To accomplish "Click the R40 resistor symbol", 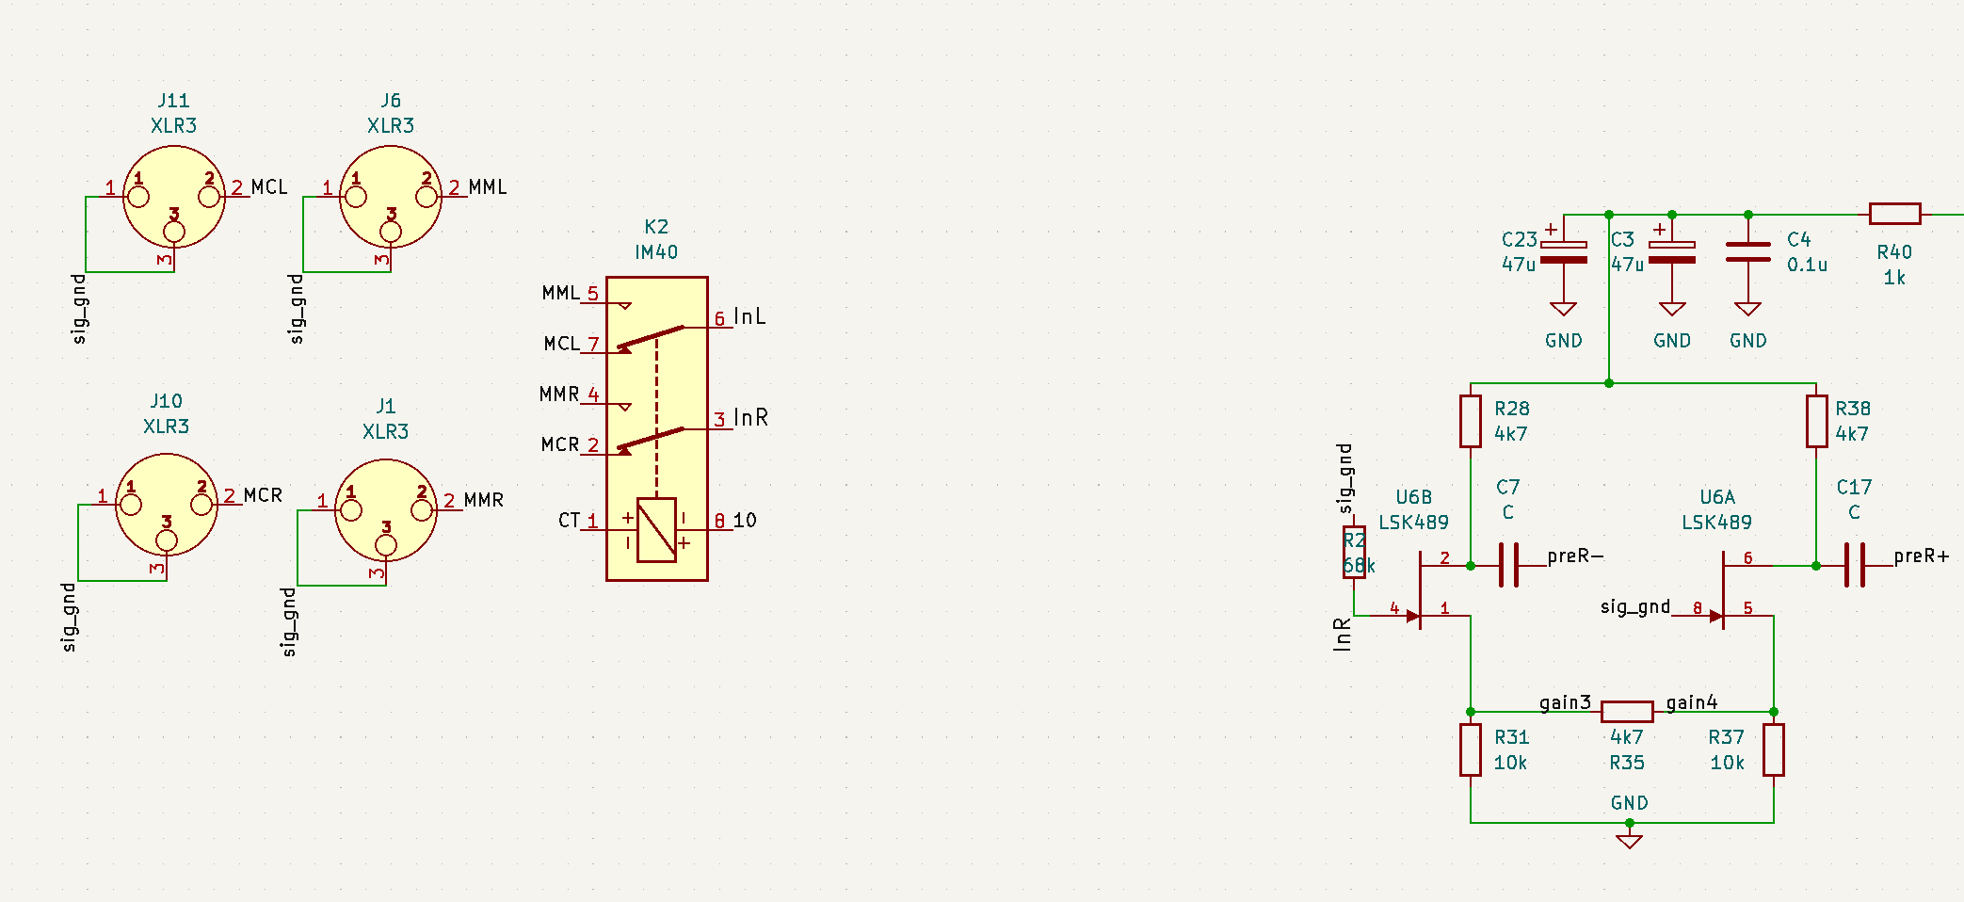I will (1894, 214).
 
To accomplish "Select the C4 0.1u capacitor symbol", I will (1747, 251).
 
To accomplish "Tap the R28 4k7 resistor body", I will (1470, 421).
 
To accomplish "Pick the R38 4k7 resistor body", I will (1816, 421).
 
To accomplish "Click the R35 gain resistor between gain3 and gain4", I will (1627, 712).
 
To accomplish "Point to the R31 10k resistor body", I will (1470, 749).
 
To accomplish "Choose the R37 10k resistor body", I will (1774, 749).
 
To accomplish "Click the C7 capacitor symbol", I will (1508, 565).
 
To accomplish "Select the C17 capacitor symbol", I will (1855, 565).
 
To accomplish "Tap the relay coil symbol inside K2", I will (656, 530).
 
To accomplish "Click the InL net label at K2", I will (749, 317).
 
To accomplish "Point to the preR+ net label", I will (1921, 556).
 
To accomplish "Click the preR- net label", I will (1574, 556).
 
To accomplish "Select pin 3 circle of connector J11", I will (174, 232).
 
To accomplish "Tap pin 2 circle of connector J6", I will (427, 197).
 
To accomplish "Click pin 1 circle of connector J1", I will (351, 510).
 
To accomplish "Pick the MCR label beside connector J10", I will (263, 495).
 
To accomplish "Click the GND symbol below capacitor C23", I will (1563, 309).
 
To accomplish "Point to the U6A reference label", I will (1717, 497).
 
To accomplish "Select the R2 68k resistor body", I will (1354, 553).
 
